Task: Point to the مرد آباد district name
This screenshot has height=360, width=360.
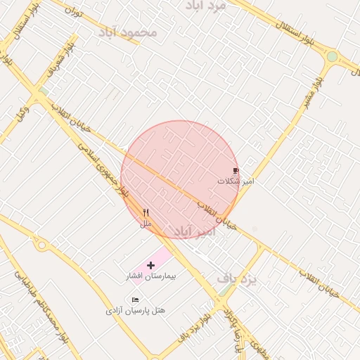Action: point(205,6)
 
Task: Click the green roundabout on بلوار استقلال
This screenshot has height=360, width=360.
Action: point(332,56)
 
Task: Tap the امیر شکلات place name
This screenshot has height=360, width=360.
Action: point(236,181)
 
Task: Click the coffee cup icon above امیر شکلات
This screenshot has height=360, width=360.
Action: point(236,171)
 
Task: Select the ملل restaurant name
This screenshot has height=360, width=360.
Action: point(146,224)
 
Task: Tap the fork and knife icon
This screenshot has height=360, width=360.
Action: point(146,213)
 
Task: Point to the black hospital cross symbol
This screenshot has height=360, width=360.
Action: point(150,265)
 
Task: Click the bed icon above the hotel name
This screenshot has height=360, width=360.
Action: point(135,300)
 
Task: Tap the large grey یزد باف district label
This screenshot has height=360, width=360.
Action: point(237,278)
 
